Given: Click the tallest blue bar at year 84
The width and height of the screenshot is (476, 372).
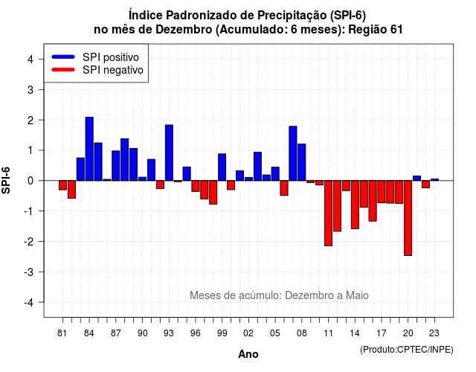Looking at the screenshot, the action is [x=89, y=149].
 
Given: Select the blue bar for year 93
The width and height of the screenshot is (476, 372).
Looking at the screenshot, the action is [x=169, y=153].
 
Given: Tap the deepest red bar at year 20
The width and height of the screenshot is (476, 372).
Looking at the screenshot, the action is [x=408, y=218].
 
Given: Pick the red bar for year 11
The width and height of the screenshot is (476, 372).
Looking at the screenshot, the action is [x=328, y=214].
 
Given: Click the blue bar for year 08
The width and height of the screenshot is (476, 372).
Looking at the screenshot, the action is [x=302, y=162].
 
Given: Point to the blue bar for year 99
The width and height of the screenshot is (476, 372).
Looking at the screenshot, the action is [x=222, y=167].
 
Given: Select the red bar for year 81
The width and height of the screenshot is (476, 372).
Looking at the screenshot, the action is [x=62, y=185].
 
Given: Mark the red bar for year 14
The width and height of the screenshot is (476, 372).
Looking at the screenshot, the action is [x=355, y=205].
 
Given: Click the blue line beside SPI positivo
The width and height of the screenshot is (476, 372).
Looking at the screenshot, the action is [x=63, y=57].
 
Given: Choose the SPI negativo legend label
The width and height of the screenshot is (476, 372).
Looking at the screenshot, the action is [x=113, y=70].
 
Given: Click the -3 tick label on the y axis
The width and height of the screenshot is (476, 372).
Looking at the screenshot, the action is [x=28, y=272].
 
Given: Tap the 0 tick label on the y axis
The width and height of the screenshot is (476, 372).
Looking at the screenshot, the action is [x=30, y=181].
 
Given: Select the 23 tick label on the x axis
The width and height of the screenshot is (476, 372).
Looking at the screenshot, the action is [x=434, y=333].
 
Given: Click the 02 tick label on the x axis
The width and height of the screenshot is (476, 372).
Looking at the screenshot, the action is [x=248, y=333].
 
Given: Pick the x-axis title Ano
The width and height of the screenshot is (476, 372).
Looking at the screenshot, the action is [x=248, y=354].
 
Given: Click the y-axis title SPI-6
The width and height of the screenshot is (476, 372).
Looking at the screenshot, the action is [x=6, y=180].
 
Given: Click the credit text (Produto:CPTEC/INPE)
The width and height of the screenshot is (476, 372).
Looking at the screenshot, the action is [x=407, y=350].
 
